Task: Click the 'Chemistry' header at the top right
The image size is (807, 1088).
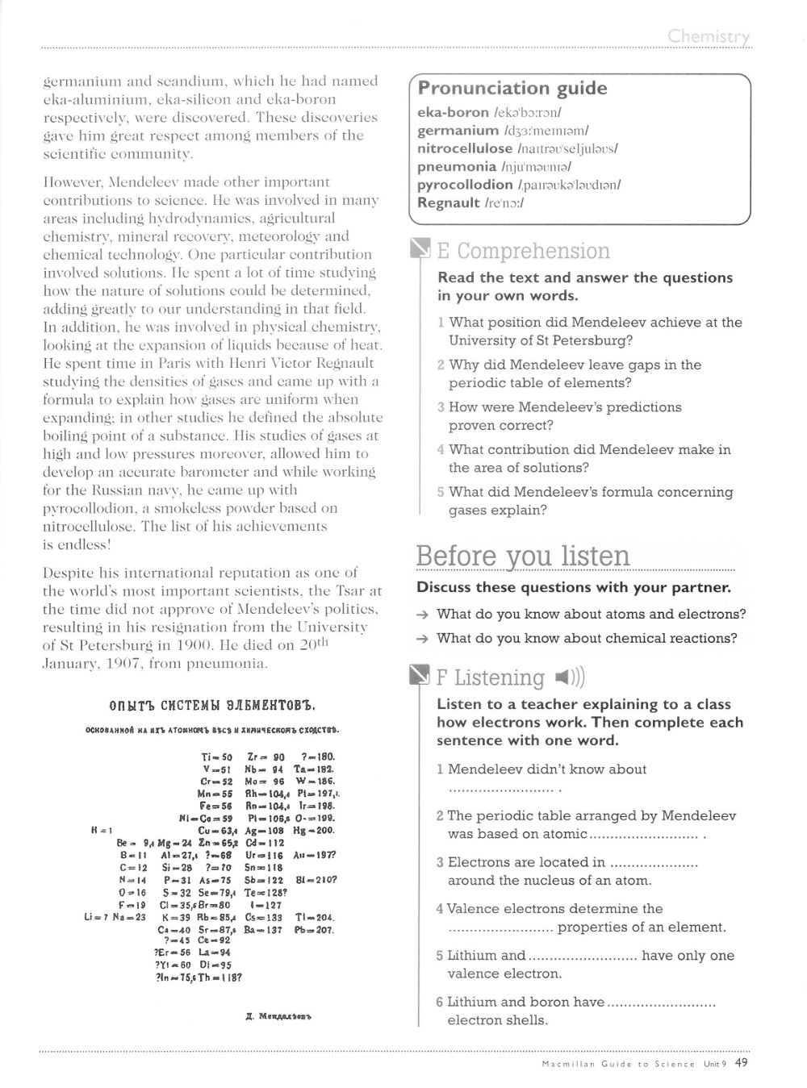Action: point(709,36)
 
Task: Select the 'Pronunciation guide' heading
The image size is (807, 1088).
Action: point(512,88)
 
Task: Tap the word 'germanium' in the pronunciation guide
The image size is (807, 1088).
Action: point(458,131)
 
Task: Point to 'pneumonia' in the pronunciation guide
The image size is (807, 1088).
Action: point(456,167)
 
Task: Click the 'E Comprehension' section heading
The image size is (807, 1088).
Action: point(522,251)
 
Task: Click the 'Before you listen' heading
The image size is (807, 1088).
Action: point(522,557)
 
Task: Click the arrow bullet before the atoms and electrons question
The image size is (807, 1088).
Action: point(423,615)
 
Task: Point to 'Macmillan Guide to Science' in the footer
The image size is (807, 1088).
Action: point(618,1064)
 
